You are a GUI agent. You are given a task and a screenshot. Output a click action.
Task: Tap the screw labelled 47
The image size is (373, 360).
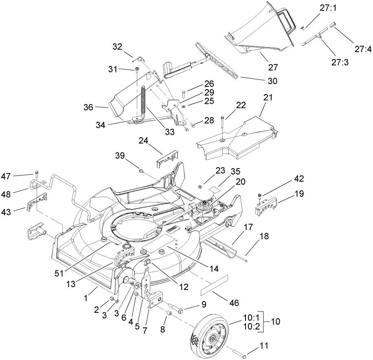pos(37,174)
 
